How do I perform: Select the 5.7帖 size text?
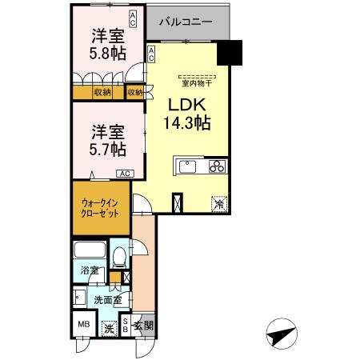[x=107, y=149]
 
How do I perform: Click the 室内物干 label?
[x=197, y=82]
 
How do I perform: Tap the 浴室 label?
[x=89, y=271]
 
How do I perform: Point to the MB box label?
[x=84, y=326]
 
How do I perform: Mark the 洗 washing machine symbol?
[x=109, y=327]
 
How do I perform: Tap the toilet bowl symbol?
[x=120, y=257]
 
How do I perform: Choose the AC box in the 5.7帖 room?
[x=125, y=173]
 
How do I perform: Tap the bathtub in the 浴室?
[x=90, y=252]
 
